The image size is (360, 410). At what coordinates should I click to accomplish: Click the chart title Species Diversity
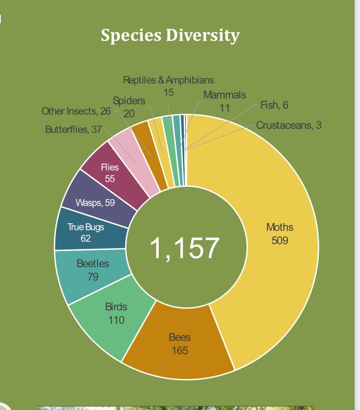click(170, 35)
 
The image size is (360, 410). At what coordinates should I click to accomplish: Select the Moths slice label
click(280, 227)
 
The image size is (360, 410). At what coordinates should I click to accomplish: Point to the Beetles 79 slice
click(93, 270)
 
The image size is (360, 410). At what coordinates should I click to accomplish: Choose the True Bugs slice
click(86, 232)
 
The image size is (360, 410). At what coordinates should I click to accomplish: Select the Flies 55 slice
click(110, 173)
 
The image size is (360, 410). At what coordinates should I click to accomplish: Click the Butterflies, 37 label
click(73, 130)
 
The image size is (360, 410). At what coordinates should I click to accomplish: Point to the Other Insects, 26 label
click(76, 111)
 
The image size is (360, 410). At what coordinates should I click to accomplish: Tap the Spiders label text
click(129, 101)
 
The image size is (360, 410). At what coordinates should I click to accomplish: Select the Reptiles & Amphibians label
click(168, 80)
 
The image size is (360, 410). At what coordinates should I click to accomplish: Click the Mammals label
click(225, 95)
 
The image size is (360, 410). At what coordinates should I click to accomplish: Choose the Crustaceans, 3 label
click(289, 125)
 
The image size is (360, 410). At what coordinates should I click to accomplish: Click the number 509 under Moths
click(280, 240)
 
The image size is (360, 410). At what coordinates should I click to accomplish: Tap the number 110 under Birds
click(116, 319)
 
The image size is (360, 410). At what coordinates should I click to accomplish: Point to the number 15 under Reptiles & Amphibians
click(168, 92)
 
